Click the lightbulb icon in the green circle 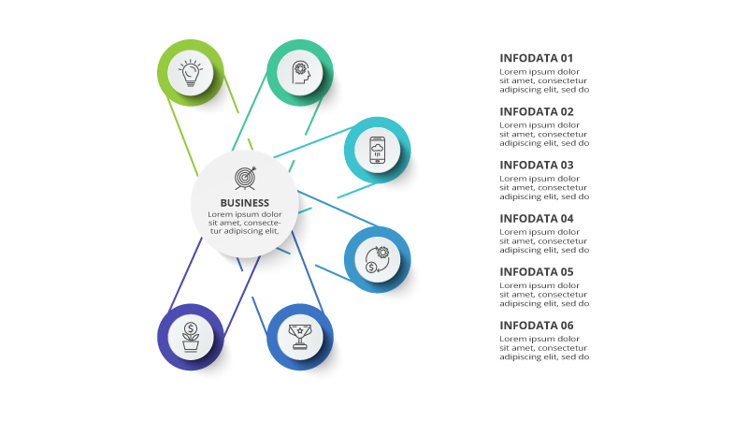191,72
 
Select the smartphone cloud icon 377,150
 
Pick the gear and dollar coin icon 377,259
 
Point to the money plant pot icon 191,336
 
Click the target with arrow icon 245,177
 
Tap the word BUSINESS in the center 245,203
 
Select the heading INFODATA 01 537,58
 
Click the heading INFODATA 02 537,111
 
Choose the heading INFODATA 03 537,165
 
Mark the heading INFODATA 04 537,219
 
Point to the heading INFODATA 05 537,272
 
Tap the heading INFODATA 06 537,326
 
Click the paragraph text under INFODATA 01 544,81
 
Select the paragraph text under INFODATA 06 544,348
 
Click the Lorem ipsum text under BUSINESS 245,223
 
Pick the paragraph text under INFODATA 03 544,188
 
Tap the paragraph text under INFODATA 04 544,241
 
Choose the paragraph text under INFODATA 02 544,135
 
